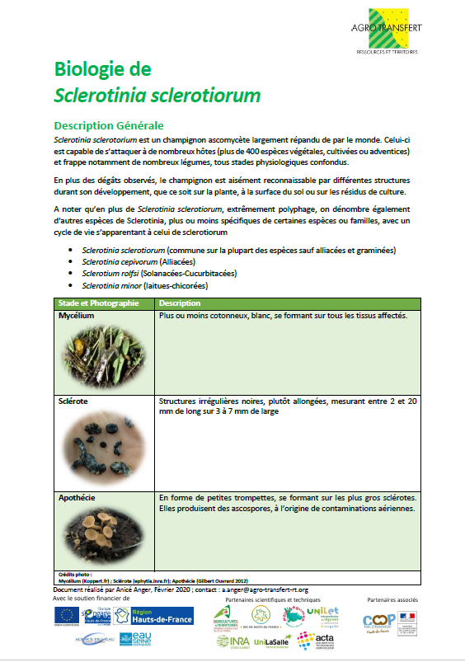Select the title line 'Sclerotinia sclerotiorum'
pyautogui.click(x=157, y=95)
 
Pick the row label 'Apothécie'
pyautogui.click(x=77, y=498)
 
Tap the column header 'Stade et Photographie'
pyautogui.click(x=98, y=303)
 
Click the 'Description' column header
pyautogui.click(x=181, y=303)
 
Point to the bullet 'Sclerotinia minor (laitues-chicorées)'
pyautogui.click(x=144, y=284)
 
